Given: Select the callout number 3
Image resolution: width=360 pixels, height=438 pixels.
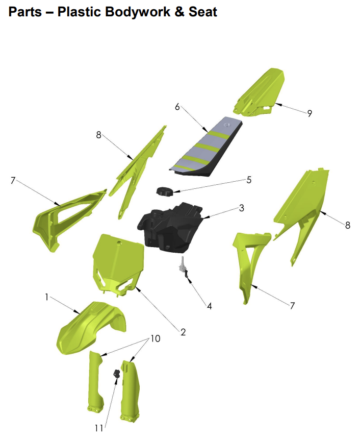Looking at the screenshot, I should [241, 208].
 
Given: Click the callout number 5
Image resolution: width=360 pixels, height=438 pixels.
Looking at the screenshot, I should [249, 180].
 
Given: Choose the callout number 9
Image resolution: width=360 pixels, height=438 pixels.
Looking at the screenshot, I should [310, 113].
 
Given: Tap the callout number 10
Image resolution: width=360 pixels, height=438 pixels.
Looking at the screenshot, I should [155, 338].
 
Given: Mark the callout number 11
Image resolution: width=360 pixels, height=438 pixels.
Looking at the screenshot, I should [98, 427].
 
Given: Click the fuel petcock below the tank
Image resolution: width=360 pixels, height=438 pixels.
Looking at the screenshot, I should [183, 269].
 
